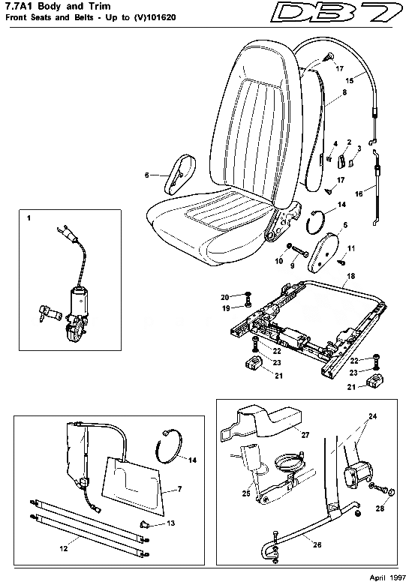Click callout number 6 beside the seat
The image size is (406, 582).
[x=147, y=175]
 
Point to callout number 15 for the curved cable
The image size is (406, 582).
[x=348, y=79]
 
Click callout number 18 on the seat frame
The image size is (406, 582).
[x=350, y=277]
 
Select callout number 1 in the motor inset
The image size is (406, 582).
[x=29, y=218]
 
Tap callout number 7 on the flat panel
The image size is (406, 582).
[x=179, y=490]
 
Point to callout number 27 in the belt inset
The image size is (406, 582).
[x=305, y=434]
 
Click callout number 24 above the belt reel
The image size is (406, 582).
[x=373, y=415]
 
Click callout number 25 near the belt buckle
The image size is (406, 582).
[x=246, y=494]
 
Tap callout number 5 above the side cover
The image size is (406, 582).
[x=344, y=224]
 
